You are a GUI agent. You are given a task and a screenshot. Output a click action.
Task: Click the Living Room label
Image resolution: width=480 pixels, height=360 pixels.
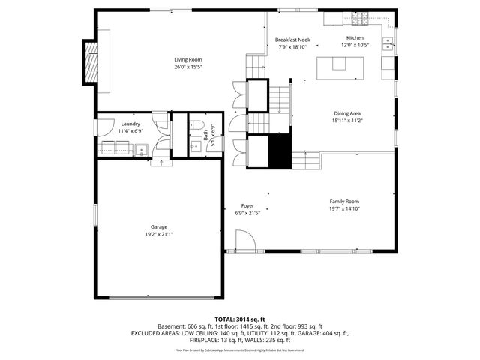pos(188,59)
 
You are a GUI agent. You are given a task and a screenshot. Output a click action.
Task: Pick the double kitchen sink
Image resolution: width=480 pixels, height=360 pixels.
pos(388,42)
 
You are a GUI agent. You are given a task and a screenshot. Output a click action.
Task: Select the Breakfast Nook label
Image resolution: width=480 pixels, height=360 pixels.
pos(292,40)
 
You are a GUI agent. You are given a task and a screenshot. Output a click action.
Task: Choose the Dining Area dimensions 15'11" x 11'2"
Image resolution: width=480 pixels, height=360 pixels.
pos(347,120)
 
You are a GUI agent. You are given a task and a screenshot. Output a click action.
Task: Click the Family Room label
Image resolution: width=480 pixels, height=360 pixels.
pos(344,201)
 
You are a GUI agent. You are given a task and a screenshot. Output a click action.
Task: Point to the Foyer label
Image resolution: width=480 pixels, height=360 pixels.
pos(247,205)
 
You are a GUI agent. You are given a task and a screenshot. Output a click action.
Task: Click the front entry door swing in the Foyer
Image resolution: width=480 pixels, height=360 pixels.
pos(245,241)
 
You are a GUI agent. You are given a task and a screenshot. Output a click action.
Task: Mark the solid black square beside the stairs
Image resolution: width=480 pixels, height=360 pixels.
pos(279,151)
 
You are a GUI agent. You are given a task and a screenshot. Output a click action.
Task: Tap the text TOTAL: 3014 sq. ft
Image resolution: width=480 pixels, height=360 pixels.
pos(239,319)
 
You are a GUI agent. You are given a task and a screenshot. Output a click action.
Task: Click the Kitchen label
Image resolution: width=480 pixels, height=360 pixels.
pos(355,37)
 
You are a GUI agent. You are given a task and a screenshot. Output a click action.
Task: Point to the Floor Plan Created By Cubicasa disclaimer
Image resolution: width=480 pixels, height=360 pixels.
pos(239,349)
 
